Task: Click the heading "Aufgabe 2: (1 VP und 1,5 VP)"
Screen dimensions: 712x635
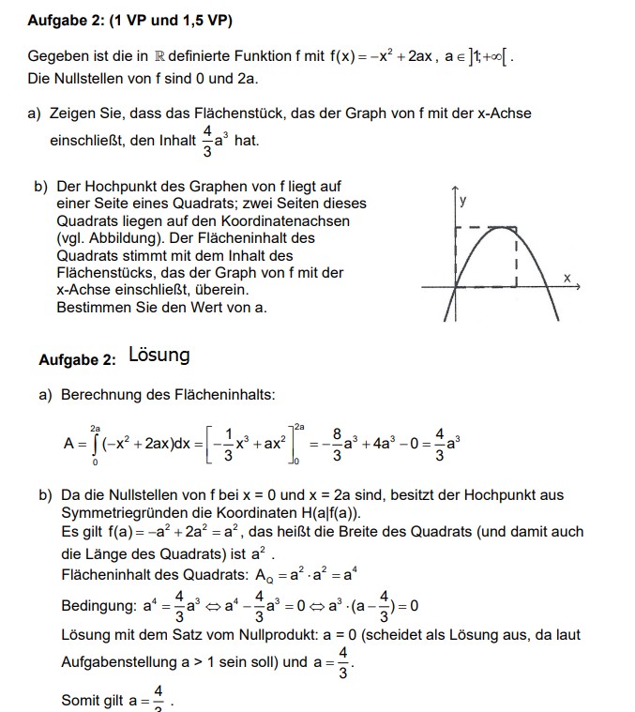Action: point(130,20)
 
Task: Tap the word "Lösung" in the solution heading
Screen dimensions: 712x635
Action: point(159,355)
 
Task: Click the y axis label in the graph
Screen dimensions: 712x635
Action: point(463,201)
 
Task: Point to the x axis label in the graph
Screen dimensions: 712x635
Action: point(567,277)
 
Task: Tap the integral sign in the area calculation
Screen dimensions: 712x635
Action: point(95,444)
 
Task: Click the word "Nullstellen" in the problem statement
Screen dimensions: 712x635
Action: point(90,78)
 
